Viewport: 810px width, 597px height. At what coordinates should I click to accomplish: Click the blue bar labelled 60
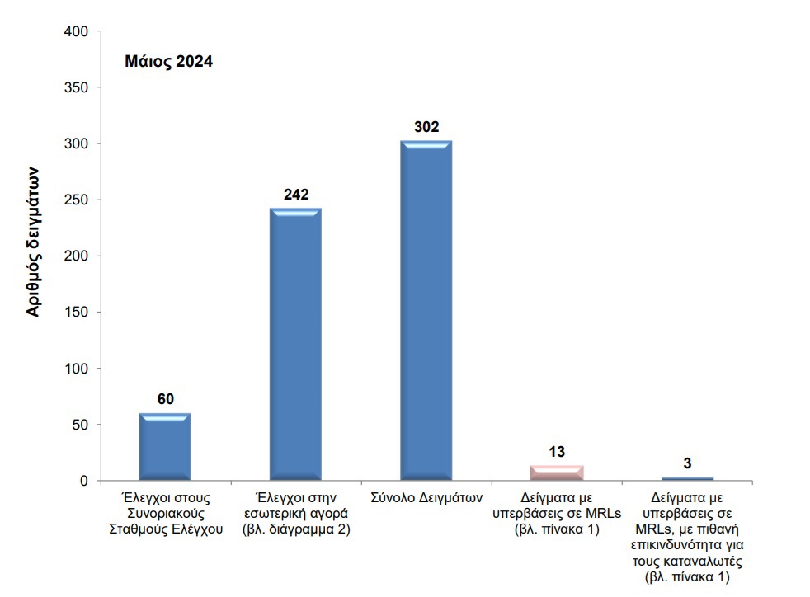click(x=165, y=446)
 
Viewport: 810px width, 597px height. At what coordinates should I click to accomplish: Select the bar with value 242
click(x=296, y=344)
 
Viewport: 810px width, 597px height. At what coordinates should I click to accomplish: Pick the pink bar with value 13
click(x=557, y=472)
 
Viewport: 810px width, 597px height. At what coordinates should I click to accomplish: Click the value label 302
click(x=426, y=127)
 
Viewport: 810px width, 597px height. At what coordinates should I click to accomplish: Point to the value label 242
click(x=296, y=195)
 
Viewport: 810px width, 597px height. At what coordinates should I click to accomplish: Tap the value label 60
click(x=165, y=399)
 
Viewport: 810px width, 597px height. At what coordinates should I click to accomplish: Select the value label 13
click(x=557, y=452)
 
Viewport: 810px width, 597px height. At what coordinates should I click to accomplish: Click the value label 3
click(x=687, y=463)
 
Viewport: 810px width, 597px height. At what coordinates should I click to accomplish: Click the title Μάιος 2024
click(x=168, y=62)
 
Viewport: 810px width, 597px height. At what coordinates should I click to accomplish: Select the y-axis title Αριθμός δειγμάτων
click(x=33, y=240)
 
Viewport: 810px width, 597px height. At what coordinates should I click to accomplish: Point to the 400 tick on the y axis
click(x=76, y=31)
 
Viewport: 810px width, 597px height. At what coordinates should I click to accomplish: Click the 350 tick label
click(x=76, y=87)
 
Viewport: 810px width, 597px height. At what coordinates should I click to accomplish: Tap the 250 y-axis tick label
click(x=76, y=200)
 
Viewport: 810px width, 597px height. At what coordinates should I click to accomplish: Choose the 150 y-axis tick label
click(x=76, y=313)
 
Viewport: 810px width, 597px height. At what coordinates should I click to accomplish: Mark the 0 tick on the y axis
click(x=84, y=481)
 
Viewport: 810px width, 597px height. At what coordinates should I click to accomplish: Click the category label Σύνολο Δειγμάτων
click(x=426, y=499)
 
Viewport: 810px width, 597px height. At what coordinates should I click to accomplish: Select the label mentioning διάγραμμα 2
click(x=297, y=529)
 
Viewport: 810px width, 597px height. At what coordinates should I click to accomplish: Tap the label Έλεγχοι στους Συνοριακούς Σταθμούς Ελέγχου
click(x=166, y=514)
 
